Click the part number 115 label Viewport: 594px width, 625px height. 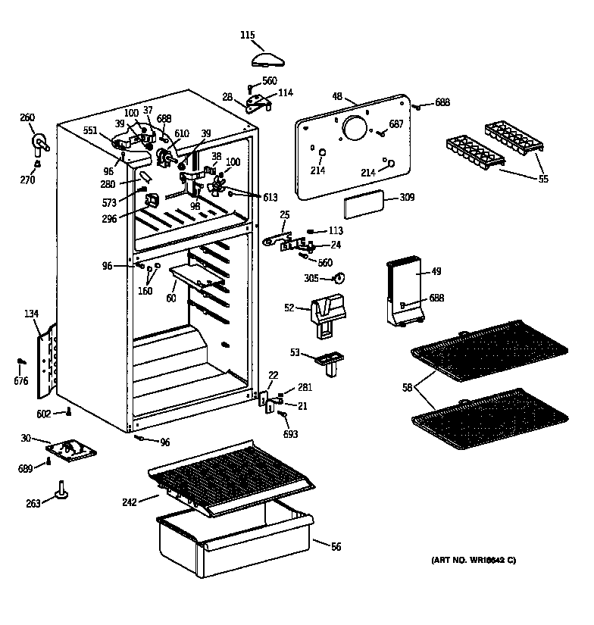coord(247,35)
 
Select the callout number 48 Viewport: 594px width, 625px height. coord(338,96)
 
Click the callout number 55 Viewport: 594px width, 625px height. coord(542,179)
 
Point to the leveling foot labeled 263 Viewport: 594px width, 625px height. coord(60,494)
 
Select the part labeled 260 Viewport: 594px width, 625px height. coord(39,141)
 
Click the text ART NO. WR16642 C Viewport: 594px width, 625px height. coord(473,560)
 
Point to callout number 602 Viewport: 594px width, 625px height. coord(44,413)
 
